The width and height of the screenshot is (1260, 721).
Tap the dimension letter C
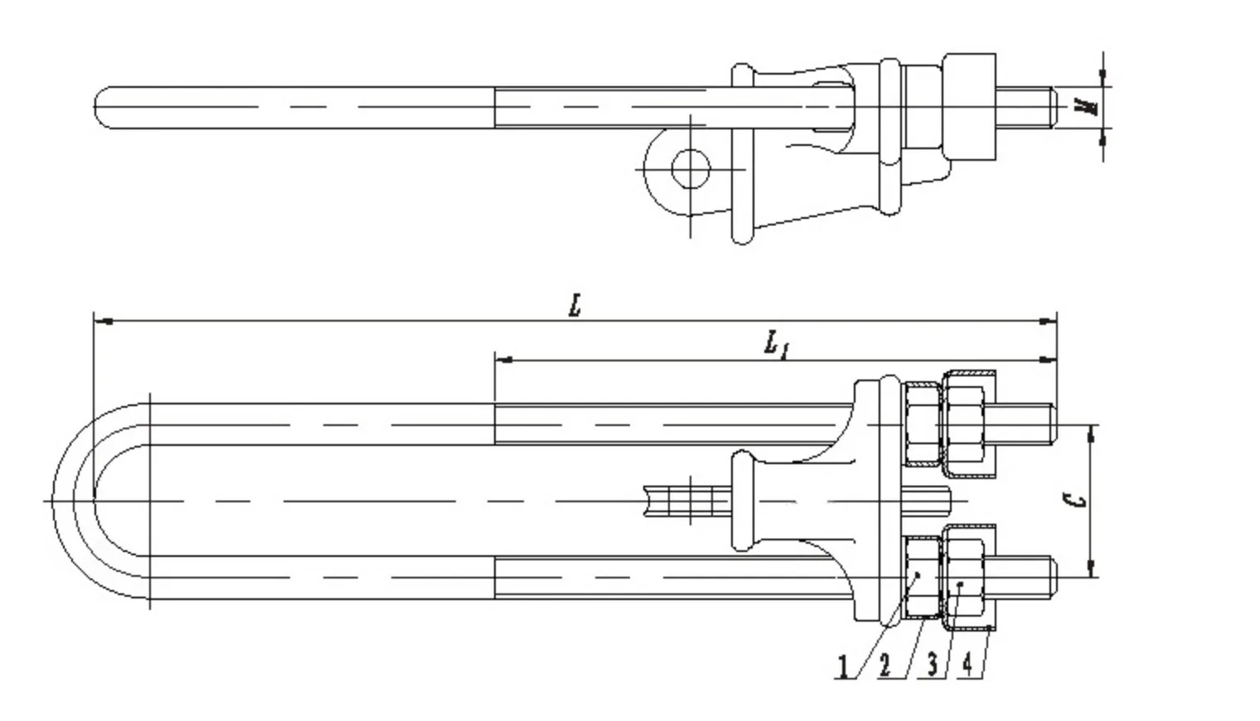click(x=1076, y=501)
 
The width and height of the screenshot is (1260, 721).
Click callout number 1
click(x=844, y=666)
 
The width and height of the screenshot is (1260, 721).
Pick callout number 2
click(x=885, y=665)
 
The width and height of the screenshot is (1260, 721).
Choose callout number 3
click(x=933, y=665)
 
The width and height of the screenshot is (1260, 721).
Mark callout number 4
click(x=967, y=665)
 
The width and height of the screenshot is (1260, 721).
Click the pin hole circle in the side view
click(x=690, y=169)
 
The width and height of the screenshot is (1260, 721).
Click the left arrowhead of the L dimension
click(x=101, y=321)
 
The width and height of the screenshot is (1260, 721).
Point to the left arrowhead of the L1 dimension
click(x=502, y=360)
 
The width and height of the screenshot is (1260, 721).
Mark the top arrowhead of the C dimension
click(x=1092, y=431)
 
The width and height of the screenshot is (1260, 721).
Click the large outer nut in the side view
click(x=969, y=106)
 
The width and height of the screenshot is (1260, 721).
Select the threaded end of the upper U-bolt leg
click(x=1025, y=423)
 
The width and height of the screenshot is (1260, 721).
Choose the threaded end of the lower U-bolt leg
click(x=1025, y=577)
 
